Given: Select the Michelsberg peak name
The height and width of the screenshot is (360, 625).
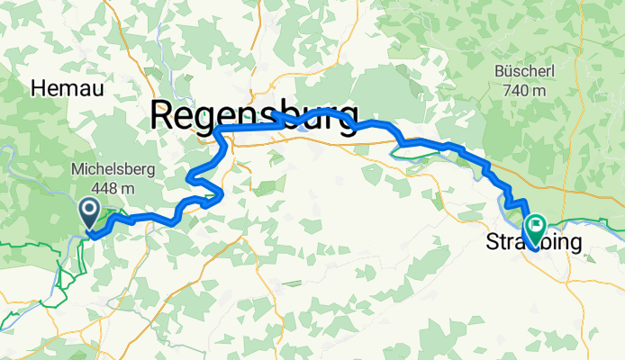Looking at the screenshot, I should [113, 169].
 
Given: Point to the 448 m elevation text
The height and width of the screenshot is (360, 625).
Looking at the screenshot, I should [113, 188].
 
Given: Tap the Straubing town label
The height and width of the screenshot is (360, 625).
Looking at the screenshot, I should [534, 242].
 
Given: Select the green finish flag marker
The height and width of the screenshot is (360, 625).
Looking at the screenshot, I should [535, 225].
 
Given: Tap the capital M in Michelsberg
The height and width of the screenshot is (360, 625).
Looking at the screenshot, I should [76, 169].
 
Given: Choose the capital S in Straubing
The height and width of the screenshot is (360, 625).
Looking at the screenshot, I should [493, 242].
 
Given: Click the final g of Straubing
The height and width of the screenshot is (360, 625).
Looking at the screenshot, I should [575, 244].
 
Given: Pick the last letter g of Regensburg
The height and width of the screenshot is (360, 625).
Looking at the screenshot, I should [347, 121].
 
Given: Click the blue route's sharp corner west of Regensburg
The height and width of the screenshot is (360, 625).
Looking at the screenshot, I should [217, 131].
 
